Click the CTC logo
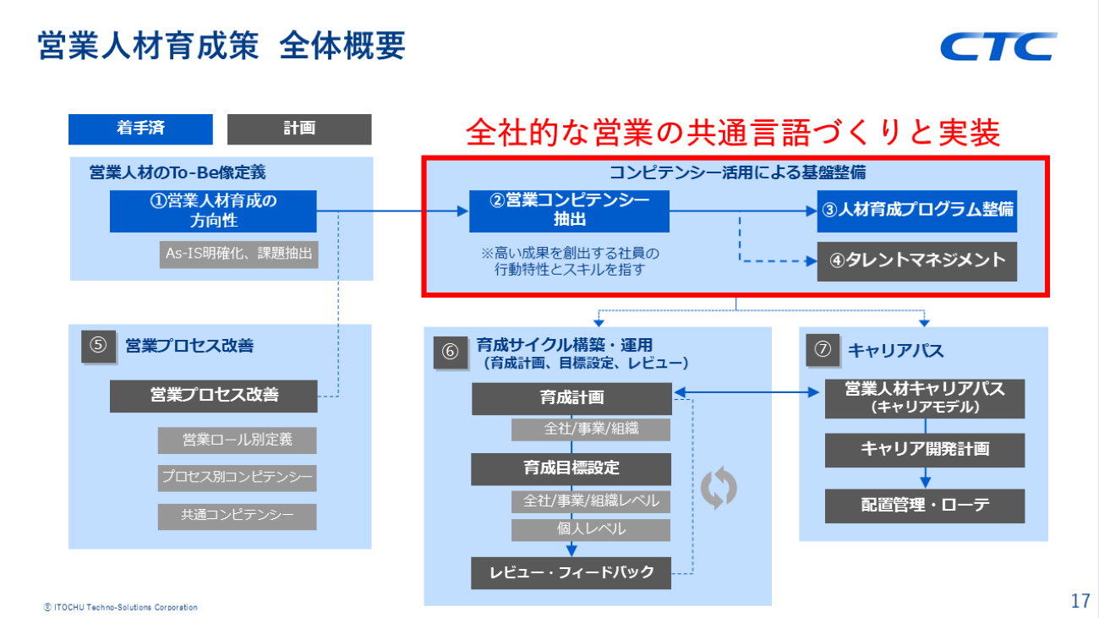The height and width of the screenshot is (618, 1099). coord(998,46)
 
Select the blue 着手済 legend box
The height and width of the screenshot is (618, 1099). coord(140,129)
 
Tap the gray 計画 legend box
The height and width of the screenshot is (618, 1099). coord(299,129)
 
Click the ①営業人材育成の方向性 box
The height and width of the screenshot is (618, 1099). coord(213,211)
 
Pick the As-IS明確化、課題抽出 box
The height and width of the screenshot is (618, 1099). coord(239,254)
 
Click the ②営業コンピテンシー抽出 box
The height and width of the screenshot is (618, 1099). coord(569,211)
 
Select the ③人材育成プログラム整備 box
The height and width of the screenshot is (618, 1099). coord(917,211)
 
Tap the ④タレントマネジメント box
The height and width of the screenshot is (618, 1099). coord(917,261)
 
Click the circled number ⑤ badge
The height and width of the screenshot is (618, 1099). coord(99,347)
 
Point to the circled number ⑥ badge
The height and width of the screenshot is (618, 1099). coord(451,351)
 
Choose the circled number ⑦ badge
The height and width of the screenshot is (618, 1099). coord(823,350)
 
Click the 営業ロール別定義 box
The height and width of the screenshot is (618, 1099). coord(237,440)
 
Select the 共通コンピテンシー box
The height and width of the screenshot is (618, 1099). coord(237,516)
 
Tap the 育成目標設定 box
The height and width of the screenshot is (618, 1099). coord(571,469)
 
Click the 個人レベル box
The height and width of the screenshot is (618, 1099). coord(591,530)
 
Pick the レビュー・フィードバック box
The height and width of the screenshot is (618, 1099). coord(571,573)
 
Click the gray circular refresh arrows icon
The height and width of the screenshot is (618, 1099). coord(719,488)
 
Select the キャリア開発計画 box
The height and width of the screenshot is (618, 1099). coord(925,450)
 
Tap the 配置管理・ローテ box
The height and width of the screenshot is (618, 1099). coord(925,506)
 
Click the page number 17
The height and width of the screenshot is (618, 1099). coord(1080,601)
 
